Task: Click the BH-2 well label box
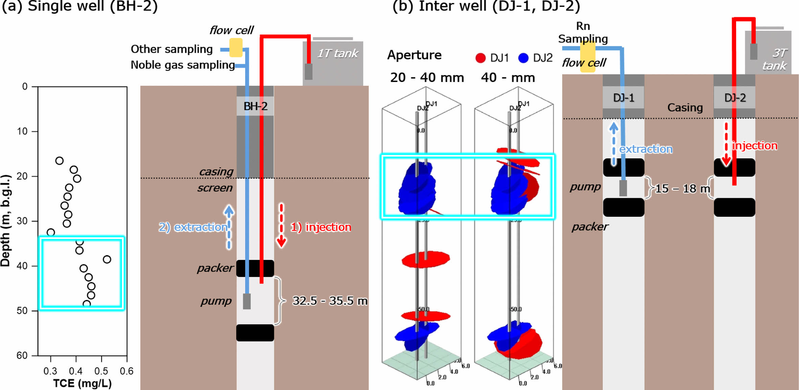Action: [255, 106]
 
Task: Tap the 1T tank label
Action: [338, 53]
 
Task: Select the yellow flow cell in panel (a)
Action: [236, 48]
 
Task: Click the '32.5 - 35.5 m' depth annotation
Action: [330, 301]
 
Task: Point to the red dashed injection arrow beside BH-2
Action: [281, 225]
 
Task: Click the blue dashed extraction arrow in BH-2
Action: [229, 227]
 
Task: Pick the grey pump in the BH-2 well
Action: [247, 301]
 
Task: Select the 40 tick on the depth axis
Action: [22, 266]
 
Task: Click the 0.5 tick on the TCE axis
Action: [101, 371]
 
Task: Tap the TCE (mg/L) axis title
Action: [82, 383]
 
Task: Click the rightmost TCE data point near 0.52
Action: [107, 259]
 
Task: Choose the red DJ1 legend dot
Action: [480, 58]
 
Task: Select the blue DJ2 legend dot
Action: [523, 58]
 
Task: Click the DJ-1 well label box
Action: [623, 98]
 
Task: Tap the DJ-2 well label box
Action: [735, 98]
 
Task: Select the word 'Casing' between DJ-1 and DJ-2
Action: [685, 108]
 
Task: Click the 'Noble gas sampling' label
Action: [183, 65]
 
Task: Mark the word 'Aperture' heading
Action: [414, 55]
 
